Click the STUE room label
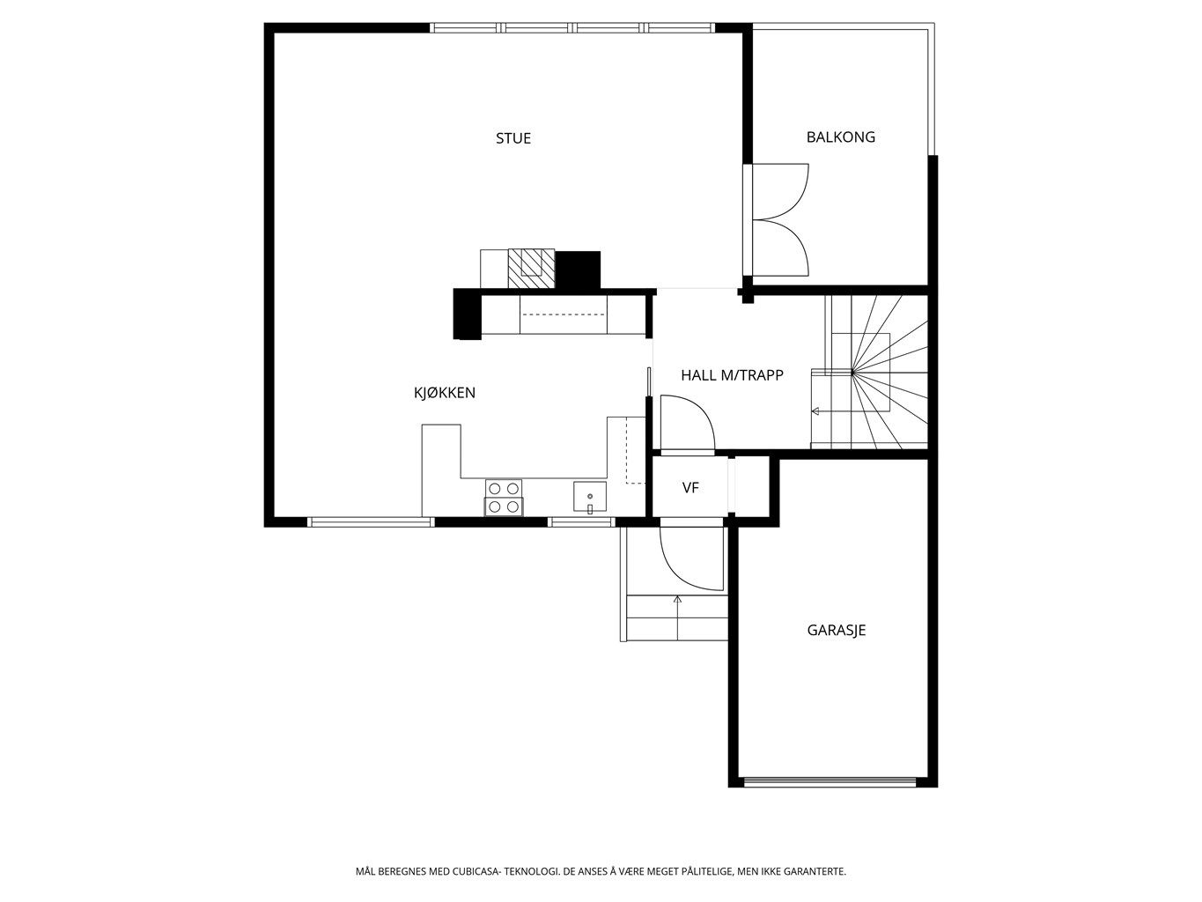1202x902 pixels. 513,138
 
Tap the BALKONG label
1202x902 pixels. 840,137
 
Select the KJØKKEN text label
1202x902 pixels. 445,393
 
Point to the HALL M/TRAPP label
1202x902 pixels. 732,375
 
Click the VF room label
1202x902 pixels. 690,487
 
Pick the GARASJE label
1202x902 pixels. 837,630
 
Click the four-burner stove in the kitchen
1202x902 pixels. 504,498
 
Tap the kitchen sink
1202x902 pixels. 590,497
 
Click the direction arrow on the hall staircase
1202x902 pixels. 816,411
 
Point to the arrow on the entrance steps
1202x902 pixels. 677,600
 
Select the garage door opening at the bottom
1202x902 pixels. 830,780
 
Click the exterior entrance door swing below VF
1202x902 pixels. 691,558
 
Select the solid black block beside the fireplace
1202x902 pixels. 579,270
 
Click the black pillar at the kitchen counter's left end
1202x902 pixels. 466,314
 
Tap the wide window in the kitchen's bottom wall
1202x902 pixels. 372,521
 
